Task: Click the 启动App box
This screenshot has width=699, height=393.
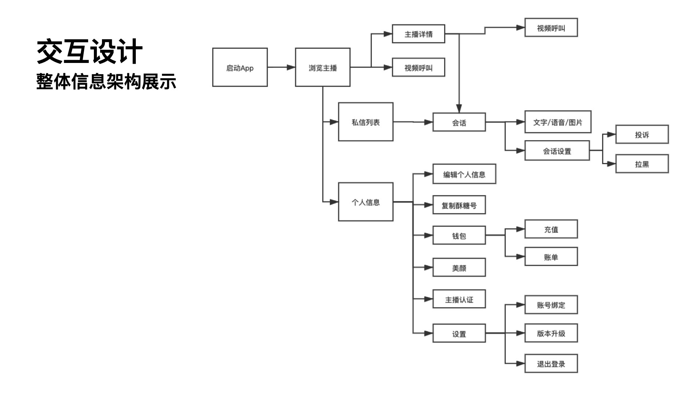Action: click(240, 67)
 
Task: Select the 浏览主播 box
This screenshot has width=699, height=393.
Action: click(323, 67)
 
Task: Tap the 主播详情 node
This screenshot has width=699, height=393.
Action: click(418, 34)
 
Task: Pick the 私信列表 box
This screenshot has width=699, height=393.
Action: click(366, 122)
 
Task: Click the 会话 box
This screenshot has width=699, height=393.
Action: click(459, 122)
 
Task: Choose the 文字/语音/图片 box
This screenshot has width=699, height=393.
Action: click(558, 122)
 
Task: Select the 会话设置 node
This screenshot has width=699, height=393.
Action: click(557, 151)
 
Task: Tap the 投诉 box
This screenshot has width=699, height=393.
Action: click(642, 134)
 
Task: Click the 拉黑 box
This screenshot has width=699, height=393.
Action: click(642, 164)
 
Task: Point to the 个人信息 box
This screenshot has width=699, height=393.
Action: click(366, 202)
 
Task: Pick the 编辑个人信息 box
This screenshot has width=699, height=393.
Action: click(464, 174)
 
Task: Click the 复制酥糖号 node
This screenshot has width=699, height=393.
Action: click(459, 205)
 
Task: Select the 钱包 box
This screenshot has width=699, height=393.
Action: click(459, 235)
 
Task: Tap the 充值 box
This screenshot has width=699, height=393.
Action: click(551, 229)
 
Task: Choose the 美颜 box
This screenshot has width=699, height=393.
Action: click(459, 267)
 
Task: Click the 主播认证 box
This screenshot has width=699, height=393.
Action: click(459, 299)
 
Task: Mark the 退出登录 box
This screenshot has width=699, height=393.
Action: click(551, 364)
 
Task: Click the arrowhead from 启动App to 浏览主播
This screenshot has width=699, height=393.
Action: click(291, 67)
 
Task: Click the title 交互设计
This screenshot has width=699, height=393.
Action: click(90, 52)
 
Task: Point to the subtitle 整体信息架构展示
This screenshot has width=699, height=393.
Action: click(106, 82)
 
